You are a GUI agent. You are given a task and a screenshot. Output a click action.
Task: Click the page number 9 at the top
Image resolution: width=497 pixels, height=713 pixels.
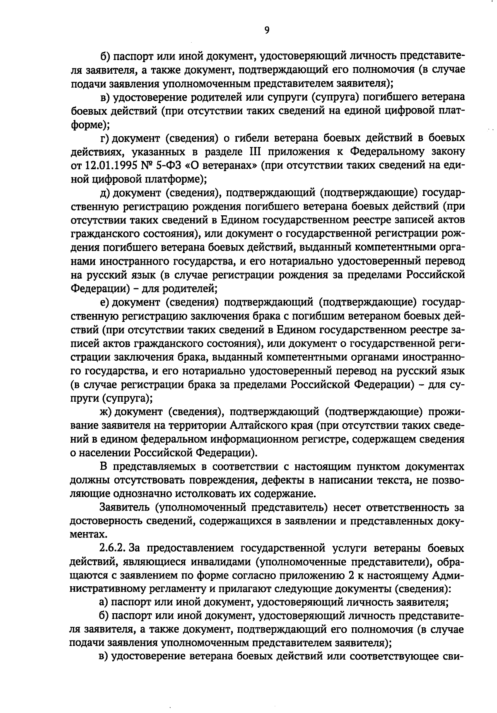(x=266, y=30)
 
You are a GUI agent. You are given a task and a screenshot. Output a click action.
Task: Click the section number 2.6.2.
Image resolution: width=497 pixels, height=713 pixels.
(x=113, y=548)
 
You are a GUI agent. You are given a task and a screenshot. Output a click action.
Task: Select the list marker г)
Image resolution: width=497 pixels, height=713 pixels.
(x=105, y=138)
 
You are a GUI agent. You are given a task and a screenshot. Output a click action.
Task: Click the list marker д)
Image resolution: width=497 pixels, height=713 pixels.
(x=105, y=193)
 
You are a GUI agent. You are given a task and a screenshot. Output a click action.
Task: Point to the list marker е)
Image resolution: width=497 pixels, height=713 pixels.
(x=104, y=302)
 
